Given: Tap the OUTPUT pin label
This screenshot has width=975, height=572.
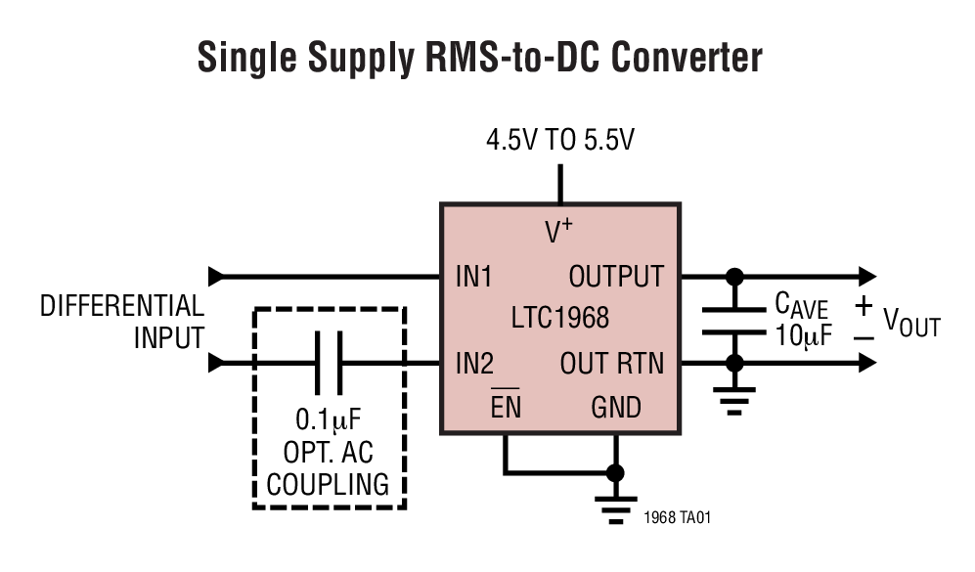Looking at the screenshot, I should (616, 278).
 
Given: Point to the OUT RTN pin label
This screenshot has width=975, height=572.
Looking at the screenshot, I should (611, 365).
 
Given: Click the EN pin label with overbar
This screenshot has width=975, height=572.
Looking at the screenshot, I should (506, 407).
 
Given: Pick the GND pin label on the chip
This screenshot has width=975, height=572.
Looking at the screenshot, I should (616, 407).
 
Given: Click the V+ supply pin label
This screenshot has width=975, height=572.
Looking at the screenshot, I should (558, 232).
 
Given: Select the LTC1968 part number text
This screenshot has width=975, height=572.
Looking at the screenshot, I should (559, 319).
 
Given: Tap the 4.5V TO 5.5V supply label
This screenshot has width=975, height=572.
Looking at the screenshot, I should (560, 140).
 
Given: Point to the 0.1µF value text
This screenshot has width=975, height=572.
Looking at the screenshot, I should (329, 421).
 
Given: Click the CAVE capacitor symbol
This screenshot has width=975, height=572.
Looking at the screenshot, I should (734, 321).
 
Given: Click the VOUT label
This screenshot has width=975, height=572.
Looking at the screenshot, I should (910, 323).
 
